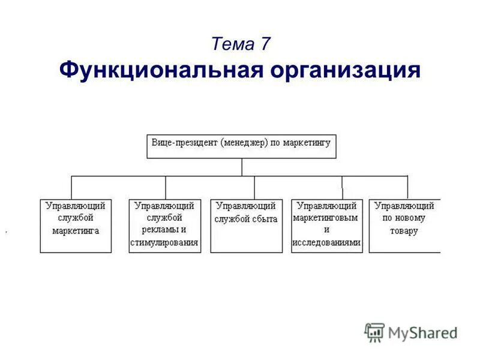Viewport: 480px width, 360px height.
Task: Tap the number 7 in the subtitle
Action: point(265,44)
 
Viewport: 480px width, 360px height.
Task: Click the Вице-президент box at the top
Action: point(241,146)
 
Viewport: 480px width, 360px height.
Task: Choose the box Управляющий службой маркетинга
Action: point(76,226)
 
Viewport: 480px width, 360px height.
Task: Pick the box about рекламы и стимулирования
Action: point(164,226)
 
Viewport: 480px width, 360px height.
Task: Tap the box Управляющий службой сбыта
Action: point(246,226)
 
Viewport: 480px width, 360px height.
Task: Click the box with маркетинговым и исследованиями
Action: point(327,226)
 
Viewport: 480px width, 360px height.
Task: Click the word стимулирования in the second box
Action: point(164,243)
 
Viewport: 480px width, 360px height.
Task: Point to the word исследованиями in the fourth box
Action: point(327,243)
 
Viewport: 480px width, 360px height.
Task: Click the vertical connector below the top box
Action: point(242,167)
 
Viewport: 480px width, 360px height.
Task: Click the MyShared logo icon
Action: point(374,332)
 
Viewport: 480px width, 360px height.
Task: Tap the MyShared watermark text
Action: point(422,332)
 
